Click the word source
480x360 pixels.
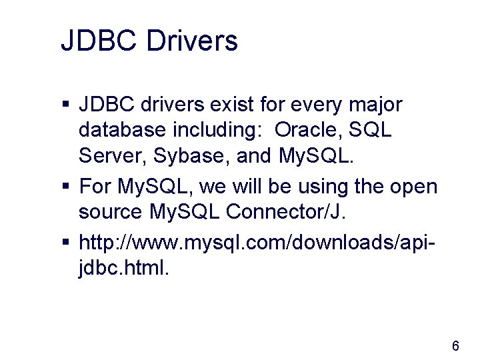click(109, 213)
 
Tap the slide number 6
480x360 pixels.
click(455, 345)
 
